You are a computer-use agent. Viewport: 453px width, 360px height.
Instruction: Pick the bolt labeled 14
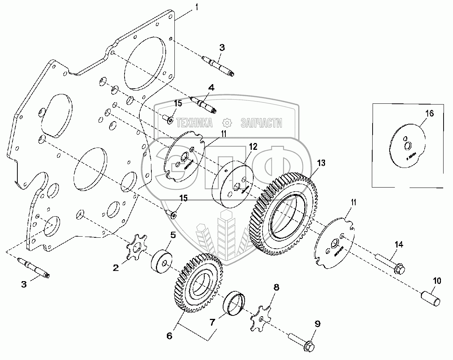[x=391, y=263]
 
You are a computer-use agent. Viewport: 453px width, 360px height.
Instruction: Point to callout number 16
[x=430, y=113]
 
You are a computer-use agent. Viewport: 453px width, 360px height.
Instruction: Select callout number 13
[x=321, y=163]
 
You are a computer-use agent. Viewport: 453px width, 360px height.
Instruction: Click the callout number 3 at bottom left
[x=24, y=285]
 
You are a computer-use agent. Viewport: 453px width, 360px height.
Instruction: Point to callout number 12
[x=253, y=147]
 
